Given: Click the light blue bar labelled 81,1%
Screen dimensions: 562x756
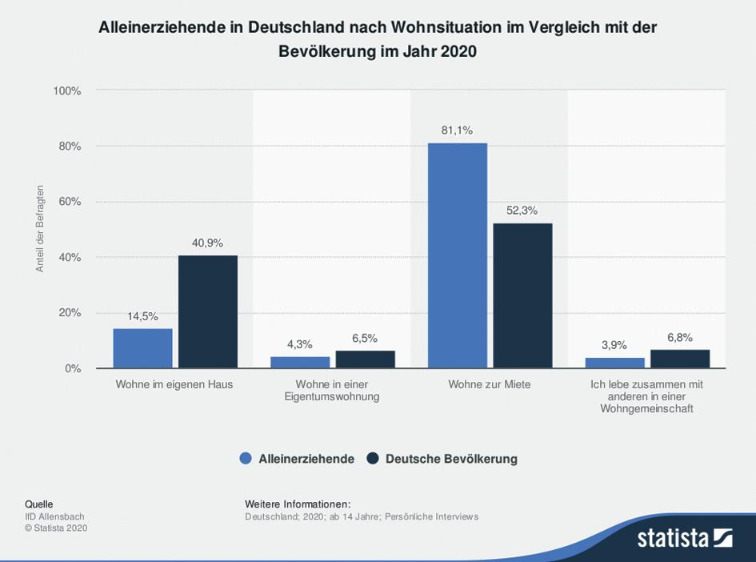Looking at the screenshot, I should (x=457, y=255).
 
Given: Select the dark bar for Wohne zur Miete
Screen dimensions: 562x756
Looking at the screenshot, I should (x=522, y=295).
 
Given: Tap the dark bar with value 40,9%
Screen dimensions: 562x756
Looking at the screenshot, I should (x=208, y=311).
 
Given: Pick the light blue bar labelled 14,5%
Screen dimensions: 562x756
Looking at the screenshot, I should (x=142, y=348).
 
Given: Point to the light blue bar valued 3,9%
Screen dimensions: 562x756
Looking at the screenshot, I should (x=614, y=363).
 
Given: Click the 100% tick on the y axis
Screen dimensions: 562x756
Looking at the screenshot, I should (x=67, y=91).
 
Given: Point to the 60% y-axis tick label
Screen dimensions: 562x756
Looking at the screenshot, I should (x=70, y=202).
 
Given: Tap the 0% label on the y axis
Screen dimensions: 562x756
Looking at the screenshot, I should (x=73, y=368).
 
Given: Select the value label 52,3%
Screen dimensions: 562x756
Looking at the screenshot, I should (x=522, y=211).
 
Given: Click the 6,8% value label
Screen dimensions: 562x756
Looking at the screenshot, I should (x=679, y=337).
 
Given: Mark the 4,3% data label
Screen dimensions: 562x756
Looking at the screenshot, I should (x=299, y=344).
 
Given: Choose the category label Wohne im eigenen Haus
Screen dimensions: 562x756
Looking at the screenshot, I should (x=174, y=384).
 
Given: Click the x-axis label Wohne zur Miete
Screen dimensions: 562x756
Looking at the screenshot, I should (x=490, y=384).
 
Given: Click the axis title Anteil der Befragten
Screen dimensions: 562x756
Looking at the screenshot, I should (x=40, y=229).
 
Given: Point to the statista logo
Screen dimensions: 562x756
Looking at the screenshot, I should (x=684, y=537).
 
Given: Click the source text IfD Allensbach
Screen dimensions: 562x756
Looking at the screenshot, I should (x=54, y=516).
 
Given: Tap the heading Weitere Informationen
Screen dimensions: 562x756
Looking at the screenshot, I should (x=298, y=504).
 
